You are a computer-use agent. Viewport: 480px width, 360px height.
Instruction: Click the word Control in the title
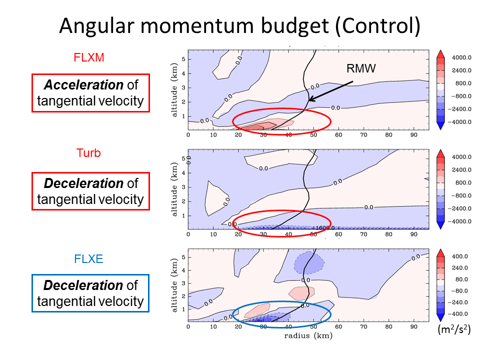[378, 25]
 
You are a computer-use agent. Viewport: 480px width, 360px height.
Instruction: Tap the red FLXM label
[89, 57]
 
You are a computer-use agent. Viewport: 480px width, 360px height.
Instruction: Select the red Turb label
[88, 153]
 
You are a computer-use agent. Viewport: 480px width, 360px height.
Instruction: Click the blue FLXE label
[88, 259]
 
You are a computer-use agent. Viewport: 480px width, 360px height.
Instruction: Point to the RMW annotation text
[361, 68]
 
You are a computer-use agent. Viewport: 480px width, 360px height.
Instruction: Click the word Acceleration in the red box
[83, 85]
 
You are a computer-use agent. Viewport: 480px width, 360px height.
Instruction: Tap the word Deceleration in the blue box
[83, 285]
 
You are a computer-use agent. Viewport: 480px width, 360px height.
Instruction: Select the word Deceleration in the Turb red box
[83, 183]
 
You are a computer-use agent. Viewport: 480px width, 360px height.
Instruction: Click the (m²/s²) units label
[454, 329]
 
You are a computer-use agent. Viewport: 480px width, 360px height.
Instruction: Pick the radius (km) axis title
[308, 336]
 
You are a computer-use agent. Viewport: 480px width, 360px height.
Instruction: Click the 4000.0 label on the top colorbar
[461, 57]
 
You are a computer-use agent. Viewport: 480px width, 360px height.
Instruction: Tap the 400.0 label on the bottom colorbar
[460, 256]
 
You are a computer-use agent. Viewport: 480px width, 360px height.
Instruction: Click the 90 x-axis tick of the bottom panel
[413, 326]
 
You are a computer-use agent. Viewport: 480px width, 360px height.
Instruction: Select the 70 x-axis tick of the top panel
[363, 135]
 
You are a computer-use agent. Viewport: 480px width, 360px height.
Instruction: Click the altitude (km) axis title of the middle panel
[174, 189]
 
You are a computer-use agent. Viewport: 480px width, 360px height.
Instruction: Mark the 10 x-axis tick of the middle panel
[213, 234]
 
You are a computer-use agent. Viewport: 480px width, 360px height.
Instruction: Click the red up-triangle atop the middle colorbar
[440, 153]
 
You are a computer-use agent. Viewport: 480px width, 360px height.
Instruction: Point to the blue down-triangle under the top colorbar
[440, 126]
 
